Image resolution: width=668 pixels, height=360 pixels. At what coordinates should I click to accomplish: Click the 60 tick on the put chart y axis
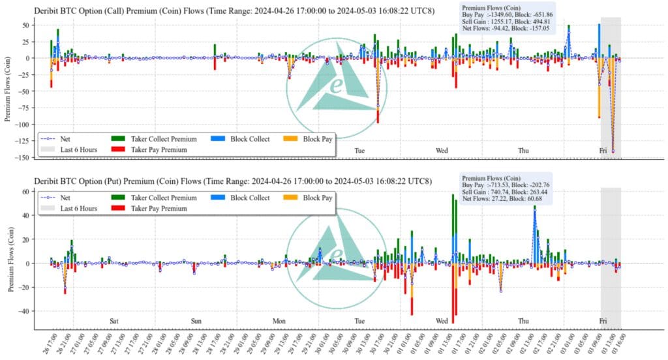coord(27,192)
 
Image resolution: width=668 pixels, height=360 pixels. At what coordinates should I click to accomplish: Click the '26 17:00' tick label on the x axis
coord(46,343)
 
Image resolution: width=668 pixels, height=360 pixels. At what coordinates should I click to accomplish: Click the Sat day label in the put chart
coord(114,321)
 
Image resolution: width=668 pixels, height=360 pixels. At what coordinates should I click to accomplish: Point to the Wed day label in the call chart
coord(442,151)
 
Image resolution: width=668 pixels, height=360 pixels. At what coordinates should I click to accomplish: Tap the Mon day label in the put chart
coord(279,321)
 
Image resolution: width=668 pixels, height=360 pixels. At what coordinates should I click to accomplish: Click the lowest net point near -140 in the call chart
coord(613,151)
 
